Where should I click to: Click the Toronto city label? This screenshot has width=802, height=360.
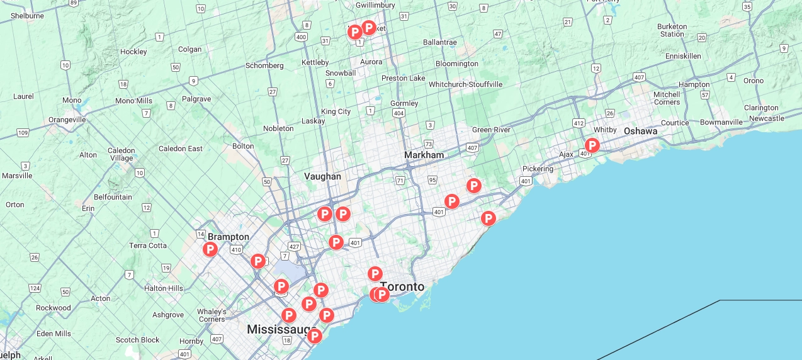click(x=402, y=287)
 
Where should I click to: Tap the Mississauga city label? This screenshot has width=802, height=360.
click(x=280, y=330)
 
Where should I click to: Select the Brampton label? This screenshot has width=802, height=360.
click(x=229, y=237)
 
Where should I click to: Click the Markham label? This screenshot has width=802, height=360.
click(x=424, y=155)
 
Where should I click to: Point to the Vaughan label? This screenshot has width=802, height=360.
click(x=322, y=176)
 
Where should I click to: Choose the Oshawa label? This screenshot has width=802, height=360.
click(x=640, y=131)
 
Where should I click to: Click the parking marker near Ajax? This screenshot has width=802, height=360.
click(x=592, y=146)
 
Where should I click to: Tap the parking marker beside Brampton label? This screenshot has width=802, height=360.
click(x=210, y=250)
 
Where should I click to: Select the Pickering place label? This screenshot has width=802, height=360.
click(x=538, y=169)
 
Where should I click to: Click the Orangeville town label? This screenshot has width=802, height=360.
click(x=67, y=120)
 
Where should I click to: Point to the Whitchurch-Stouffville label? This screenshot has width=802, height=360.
click(x=465, y=84)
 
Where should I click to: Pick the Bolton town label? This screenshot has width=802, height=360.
click(x=243, y=146)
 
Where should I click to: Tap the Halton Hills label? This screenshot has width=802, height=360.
click(x=164, y=288)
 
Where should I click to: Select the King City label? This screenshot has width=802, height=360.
click(x=336, y=111)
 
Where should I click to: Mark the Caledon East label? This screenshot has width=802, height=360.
click(x=181, y=149)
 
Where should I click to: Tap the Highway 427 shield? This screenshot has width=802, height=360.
click(x=294, y=245)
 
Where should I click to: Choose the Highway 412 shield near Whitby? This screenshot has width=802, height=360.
click(x=579, y=123)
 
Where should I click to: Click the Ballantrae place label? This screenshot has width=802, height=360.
click(x=440, y=42)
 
